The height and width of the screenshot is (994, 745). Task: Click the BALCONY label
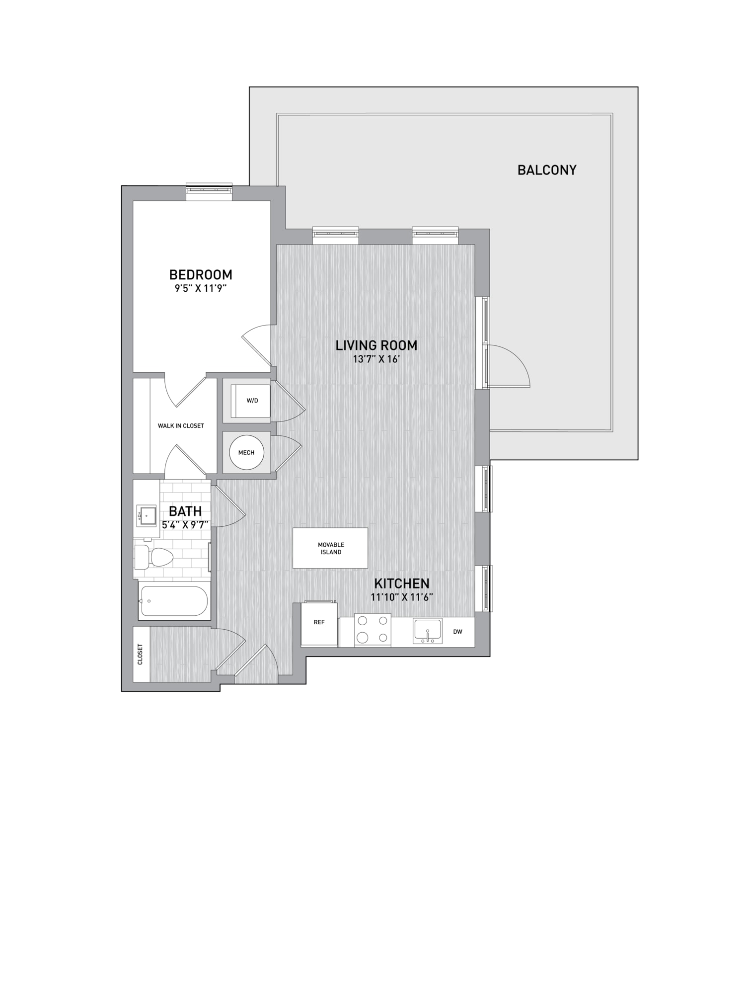(547, 170)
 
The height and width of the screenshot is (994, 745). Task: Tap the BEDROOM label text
(201, 274)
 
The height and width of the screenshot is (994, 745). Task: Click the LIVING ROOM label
(376, 345)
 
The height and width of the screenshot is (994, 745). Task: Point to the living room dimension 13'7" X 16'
(376, 359)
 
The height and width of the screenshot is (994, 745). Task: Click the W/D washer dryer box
(252, 401)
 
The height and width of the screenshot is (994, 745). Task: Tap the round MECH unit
(246, 452)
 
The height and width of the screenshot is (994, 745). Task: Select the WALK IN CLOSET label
(181, 426)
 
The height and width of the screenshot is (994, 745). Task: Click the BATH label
(185, 511)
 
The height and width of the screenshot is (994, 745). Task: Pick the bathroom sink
(146, 516)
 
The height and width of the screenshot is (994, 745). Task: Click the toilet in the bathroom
(153, 557)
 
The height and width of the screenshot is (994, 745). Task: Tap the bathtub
(174, 600)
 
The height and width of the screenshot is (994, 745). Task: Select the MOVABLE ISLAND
(330, 548)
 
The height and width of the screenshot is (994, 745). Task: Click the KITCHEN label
(402, 583)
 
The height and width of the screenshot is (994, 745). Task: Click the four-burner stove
(372, 630)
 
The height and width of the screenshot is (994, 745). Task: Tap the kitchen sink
(428, 631)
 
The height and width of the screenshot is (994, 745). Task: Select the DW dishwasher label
(458, 632)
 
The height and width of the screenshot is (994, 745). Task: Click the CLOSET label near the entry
(140, 655)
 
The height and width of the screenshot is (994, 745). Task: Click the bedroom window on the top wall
(209, 191)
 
